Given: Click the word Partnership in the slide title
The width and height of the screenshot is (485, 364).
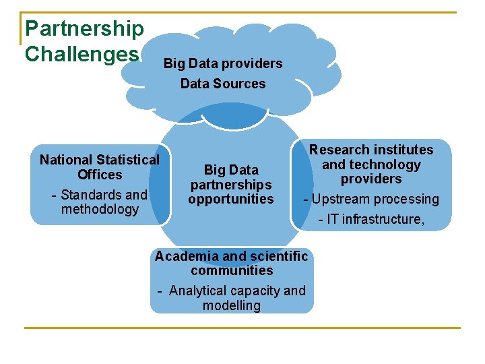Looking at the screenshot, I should (x=84, y=28).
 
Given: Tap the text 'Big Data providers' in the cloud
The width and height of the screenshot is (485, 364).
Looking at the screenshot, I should (x=223, y=63).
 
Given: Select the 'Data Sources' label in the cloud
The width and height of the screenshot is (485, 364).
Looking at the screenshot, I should (x=223, y=84).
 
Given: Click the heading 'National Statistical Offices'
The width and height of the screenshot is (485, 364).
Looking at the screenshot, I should (x=100, y=167).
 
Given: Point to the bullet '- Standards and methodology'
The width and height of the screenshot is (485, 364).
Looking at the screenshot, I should (x=100, y=202).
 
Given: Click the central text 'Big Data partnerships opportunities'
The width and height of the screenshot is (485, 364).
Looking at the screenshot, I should (x=231, y=184).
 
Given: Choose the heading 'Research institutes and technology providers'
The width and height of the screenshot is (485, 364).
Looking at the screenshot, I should (x=371, y=164).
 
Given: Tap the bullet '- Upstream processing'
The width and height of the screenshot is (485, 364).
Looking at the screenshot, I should (x=371, y=199).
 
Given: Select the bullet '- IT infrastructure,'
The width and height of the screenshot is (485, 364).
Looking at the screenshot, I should (x=371, y=218).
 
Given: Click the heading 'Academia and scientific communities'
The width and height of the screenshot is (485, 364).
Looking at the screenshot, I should (x=232, y=263).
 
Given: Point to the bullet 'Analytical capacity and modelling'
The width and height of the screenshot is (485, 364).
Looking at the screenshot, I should (x=232, y=298).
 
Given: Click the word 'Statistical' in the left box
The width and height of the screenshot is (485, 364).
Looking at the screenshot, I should (x=128, y=160).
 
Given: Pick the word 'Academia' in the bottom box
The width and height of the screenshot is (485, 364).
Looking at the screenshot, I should (x=186, y=256).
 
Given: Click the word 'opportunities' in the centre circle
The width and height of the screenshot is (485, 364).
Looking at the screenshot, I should (x=231, y=199).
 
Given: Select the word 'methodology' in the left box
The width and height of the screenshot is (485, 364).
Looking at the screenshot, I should (x=100, y=209).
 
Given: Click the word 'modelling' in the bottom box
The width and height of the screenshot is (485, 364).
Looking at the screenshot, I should (x=232, y=305).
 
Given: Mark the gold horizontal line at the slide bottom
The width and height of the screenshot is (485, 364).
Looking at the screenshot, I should (x=243, y=328).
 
